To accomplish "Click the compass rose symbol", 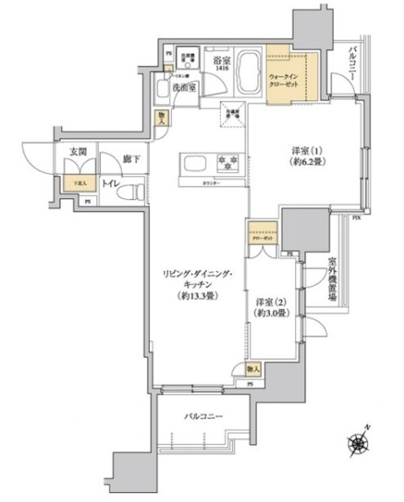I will [x=357, y=442].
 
